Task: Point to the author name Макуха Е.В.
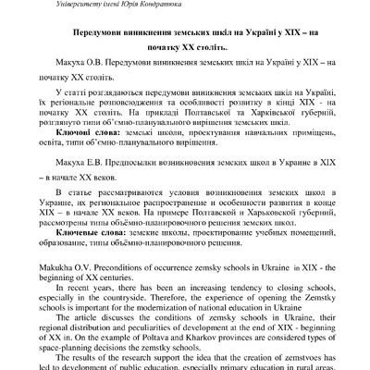coord(74,161)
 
